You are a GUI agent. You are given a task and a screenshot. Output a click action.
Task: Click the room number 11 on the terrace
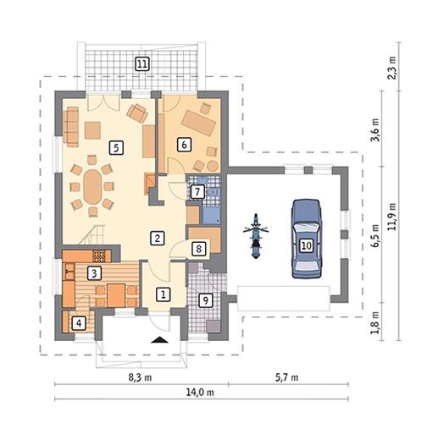[x=142, y=64]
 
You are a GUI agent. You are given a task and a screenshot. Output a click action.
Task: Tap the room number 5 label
[x=116, y=148]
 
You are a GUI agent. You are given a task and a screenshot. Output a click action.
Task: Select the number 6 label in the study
[x=184, y=145]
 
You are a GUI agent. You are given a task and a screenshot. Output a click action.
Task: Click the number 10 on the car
[x=307, y=245]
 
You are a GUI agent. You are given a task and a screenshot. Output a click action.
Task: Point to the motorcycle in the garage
[x=256, y=236]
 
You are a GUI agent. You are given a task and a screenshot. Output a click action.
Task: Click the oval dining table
[x=92, y=186]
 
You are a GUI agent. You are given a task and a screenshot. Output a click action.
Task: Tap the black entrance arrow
[x=159, y=340]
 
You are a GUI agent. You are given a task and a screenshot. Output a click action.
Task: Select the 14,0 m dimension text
[x=200, y=392]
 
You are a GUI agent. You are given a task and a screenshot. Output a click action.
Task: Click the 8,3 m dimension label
[x=140, y=377]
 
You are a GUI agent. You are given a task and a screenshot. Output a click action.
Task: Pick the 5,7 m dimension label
[x=286, y=377]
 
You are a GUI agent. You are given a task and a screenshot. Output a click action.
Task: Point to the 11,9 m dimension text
[x=392, y=217]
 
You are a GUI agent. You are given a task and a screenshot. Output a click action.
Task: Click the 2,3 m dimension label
[x=392, y=68]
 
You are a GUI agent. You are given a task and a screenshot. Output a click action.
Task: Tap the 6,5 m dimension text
[x=375, y=236]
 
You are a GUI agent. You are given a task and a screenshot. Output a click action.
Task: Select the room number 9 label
[x=206, y=300]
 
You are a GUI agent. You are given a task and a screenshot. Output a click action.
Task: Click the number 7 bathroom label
[x=197, y=192]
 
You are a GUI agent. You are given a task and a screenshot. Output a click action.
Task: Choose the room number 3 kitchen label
[x=94, y=273]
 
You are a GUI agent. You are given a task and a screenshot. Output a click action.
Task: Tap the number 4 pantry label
[x=79, y=322]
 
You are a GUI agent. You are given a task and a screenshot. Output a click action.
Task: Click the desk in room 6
[x=199, y=123]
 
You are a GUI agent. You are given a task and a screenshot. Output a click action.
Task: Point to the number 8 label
[x=198, y=249]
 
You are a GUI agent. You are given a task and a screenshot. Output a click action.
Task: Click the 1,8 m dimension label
[x=375, y=322]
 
